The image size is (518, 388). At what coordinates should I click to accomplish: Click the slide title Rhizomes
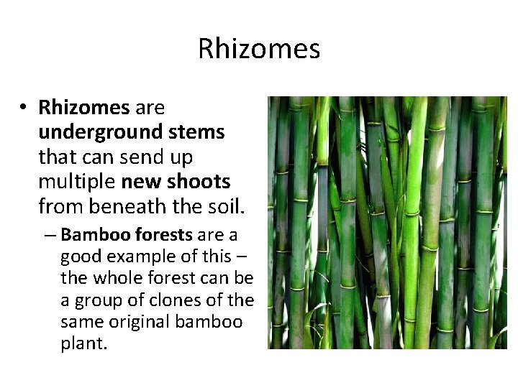tap(259, 49)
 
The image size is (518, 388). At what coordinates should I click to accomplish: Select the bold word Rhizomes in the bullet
tap(83, 108)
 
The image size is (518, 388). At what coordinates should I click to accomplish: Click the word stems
tap(199, 133)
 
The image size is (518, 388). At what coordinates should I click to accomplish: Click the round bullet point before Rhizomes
tap(24, 108)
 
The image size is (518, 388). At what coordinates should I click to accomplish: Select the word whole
tap(114, 278)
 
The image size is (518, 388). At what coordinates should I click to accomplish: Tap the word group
tap(95, 300)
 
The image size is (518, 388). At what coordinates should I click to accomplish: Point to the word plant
tap(83, 343)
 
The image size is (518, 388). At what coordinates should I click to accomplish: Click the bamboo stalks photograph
tap(387, 223)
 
